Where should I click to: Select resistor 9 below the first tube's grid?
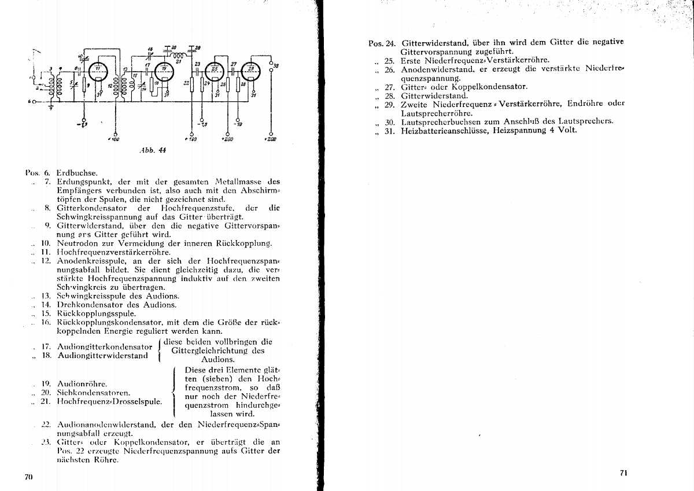coord(84,86)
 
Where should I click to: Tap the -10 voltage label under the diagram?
coord(238,123)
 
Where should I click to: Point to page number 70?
coord(28,477)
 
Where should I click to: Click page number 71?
coord(623,472)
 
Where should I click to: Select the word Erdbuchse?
coord(77,172)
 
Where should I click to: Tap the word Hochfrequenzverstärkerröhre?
coord(113,252)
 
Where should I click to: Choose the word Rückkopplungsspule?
coord(97,313)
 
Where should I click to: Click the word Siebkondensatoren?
coord(95,393)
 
